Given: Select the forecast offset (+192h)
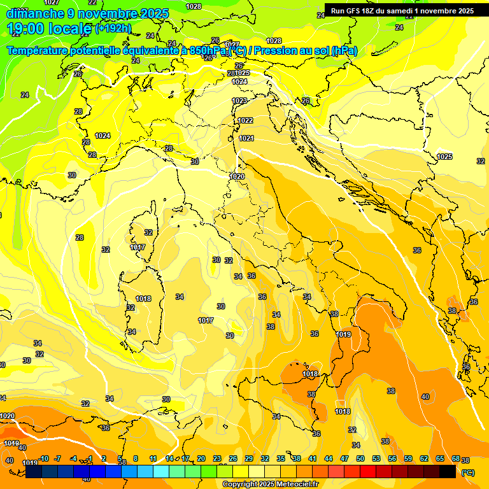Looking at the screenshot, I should click(113, 29).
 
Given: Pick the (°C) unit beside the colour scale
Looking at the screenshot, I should click(467, 472).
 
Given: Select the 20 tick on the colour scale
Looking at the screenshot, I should click(201, 458).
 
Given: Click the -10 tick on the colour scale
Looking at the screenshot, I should click(44, 458).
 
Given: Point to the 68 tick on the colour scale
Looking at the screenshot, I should click(456, 458).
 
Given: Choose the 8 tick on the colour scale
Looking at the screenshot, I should click(136, 458).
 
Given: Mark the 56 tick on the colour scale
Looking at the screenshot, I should click(392, 458).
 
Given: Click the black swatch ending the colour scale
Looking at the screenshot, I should click(448, 471).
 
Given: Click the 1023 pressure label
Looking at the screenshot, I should click(239, 101).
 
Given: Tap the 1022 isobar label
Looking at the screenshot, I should click(245, 120).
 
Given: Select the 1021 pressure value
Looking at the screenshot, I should click(247, 138).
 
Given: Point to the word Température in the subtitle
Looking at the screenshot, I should click(38, 51).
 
